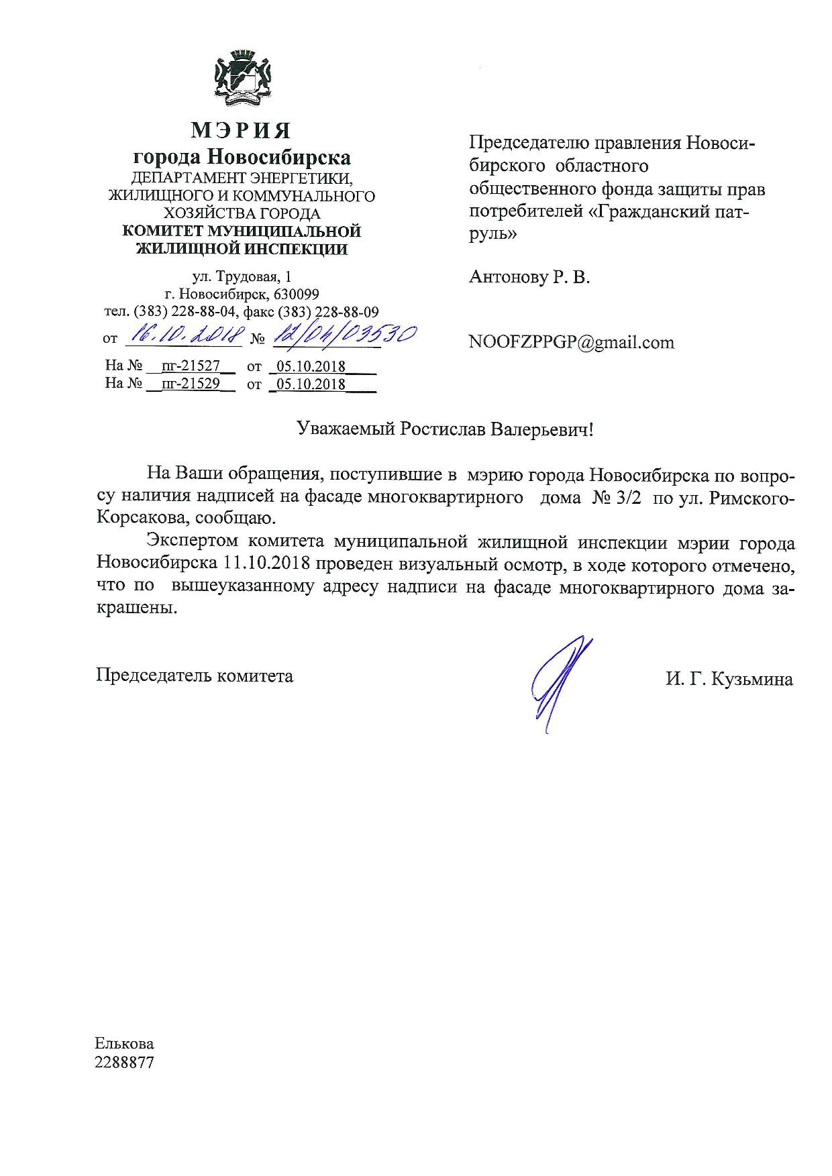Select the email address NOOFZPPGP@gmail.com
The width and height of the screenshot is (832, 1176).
pyautogui.click(x=571, y=342)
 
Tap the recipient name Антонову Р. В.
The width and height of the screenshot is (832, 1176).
pyautogui.click(x=529, y=277)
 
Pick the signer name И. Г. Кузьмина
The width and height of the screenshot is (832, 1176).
pyautogui.click(x=729, y=680)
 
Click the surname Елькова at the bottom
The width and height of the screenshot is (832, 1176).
pyautogui.click(x=124, y=1044)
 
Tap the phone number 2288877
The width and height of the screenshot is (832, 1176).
pyautogui.click(x=125, y=1063)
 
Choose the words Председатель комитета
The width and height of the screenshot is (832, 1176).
pyautogui.click(x=195, y=675)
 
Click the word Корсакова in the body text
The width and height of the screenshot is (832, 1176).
pyautogui.click(x=140, y=519)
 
